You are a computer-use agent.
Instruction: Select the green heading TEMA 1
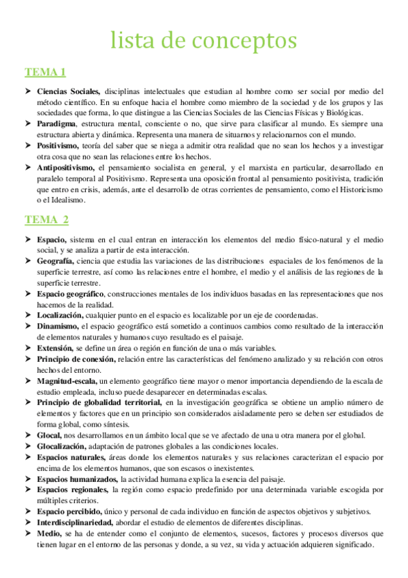pyautogui.click(x=45, y=72)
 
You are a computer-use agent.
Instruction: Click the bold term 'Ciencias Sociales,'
pyautogui.click(x=69, y=91)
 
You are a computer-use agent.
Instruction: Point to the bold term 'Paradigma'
pyautogui.click(x=57, y=124)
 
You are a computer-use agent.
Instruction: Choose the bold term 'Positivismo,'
pyautogui.click(x=59, y=146)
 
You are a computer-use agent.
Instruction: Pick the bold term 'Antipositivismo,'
pyautogui.click(x=66, y=168)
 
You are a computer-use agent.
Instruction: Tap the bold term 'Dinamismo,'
pyautogui.click(x=57, y=326)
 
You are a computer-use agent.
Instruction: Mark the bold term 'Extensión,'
pyautogui.click(x=55, y=348)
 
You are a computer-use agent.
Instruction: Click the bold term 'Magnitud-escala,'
pyautogui.click(x=67, y=380)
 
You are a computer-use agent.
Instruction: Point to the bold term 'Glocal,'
pyautogui.click(x=50, y=435)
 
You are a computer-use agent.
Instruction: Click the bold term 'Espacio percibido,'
pyautogui.click(x=69, y=511)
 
